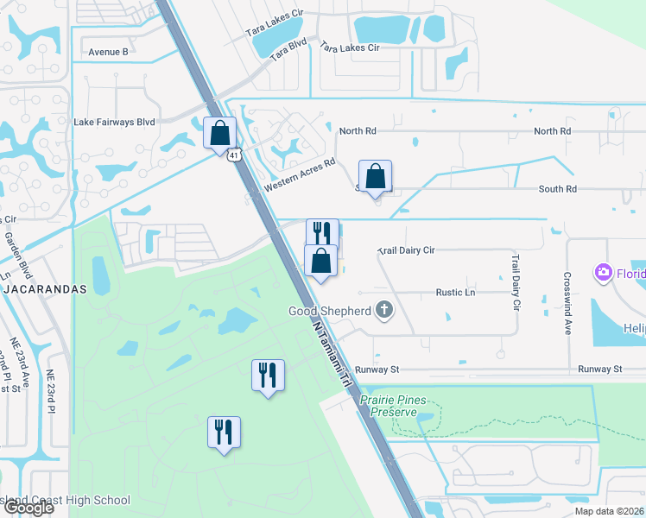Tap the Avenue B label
108,52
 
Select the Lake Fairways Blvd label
114,123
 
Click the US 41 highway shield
235,155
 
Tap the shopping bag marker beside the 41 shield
220,133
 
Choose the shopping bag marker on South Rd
376,177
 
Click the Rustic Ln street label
457,293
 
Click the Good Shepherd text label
332,310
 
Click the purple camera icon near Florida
603,274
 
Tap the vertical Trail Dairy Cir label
516,281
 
